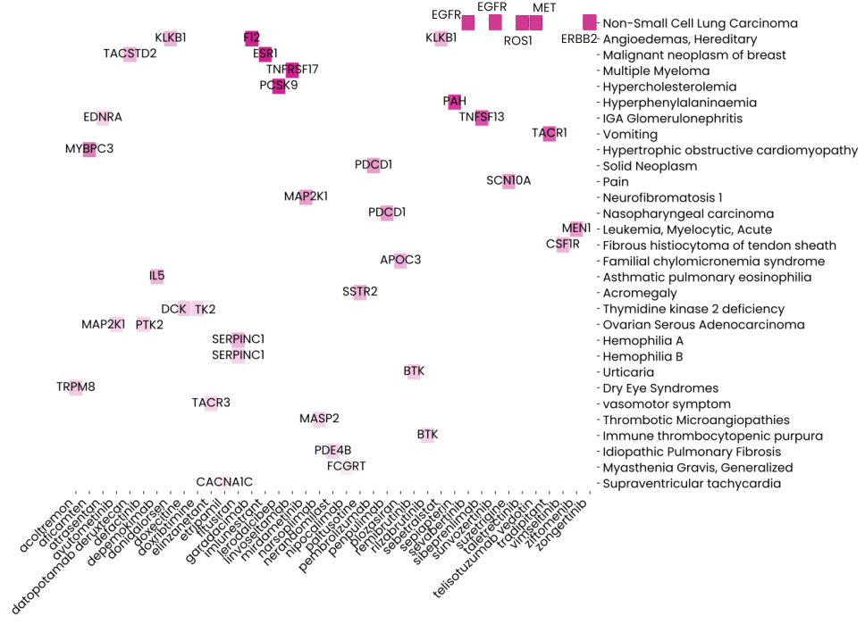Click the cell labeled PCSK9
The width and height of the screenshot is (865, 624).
279,86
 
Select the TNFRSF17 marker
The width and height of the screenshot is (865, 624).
292,70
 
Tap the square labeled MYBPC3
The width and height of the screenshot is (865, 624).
89,149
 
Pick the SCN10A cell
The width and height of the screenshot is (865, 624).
508,181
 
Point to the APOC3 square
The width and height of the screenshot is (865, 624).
400,261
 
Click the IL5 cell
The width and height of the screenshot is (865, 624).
157,277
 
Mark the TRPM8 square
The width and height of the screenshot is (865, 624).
76,387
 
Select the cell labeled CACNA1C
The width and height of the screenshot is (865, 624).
225,483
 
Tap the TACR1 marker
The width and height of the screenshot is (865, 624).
550,134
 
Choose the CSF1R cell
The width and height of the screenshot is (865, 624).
563,245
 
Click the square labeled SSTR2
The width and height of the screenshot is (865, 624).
360,292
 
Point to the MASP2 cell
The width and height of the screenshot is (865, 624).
319,419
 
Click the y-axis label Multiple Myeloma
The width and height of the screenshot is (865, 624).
656,71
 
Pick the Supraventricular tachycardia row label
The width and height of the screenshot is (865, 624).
692,484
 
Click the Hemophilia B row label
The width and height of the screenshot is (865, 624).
642,356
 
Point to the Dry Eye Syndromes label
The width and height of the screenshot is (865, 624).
660,388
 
